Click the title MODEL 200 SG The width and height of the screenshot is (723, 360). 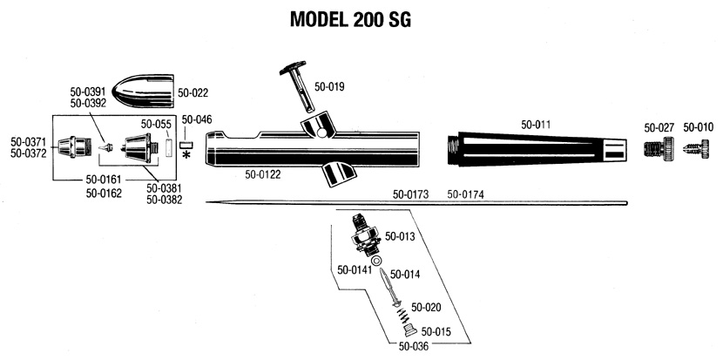[350, 20]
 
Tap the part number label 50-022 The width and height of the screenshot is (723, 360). [193, 93]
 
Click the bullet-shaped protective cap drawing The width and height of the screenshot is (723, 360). [144, 91]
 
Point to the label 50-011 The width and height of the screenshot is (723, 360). [536, 125]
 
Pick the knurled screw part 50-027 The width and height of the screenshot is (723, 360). [659, 148]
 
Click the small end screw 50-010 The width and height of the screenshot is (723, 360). [697, 148]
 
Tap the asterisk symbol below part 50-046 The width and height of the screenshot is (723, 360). [186, 154]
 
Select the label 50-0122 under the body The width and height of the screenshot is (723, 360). [263, 175]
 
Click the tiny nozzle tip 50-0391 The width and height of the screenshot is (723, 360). [106, 147]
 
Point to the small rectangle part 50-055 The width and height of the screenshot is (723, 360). [168, 148]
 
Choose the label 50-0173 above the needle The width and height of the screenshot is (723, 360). [410, 194]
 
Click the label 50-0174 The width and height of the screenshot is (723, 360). [466, 194]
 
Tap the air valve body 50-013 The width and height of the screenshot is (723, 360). [364, 235]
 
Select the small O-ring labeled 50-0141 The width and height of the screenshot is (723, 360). [375, 262]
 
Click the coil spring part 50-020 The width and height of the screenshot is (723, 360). [403, 316]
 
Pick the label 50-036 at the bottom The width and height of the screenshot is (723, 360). [414, 346]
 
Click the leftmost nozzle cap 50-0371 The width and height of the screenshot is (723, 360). [73, 147]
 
